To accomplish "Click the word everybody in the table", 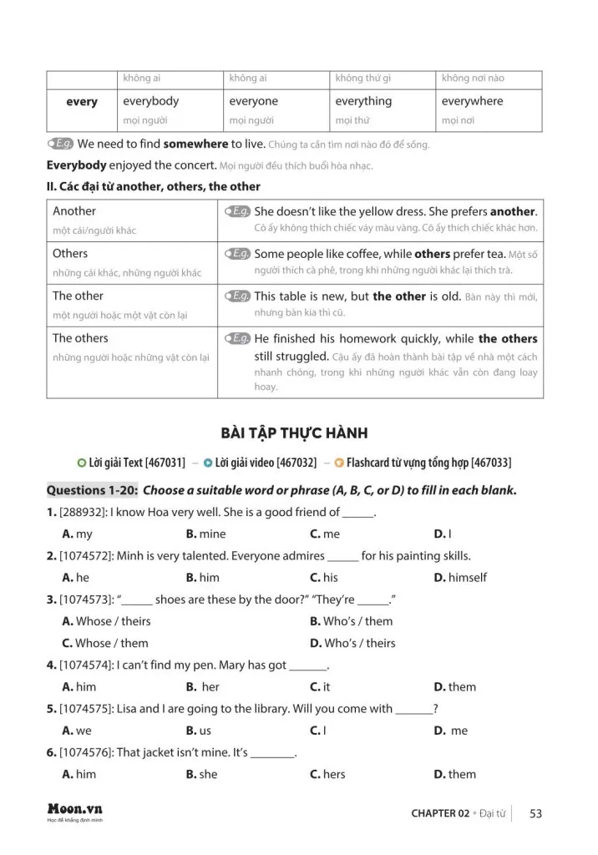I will [x=150, y=101].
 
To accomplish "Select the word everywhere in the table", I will [x=472, y=101].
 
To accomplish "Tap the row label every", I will [x=82, y=102].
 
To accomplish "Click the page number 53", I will [x=536, y=813].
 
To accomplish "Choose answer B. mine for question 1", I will [x=205, y=534].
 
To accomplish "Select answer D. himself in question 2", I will [x=460, y=578].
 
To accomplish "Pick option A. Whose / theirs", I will [x=106, y=621].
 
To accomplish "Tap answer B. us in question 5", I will [x=198, y=731].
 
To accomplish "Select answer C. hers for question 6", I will [x=327, y=774].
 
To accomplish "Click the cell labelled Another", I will [x=74, y=211].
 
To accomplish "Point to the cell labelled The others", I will [x=80, y=338].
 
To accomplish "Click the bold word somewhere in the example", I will [x=195, y=144].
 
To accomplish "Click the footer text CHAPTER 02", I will [x=440, y=813].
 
